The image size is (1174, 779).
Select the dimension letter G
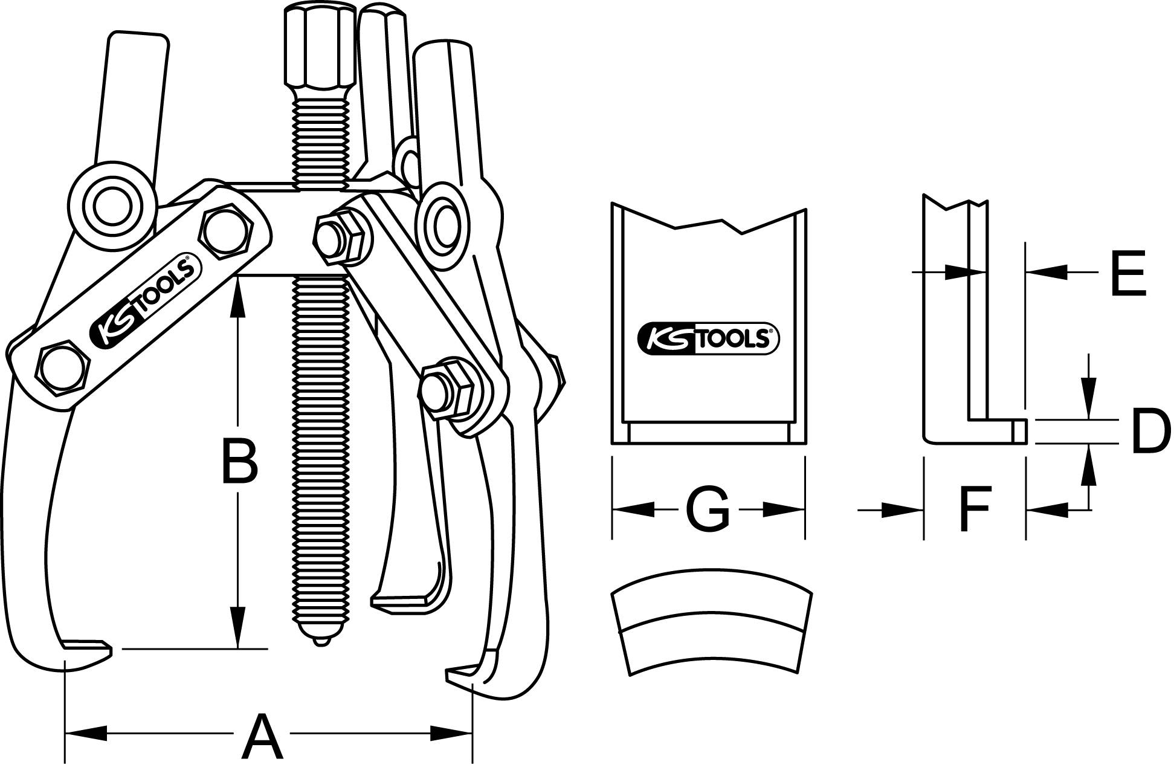[x=708, y=510]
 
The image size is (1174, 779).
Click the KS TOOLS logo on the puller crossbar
[x=143, y=302]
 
